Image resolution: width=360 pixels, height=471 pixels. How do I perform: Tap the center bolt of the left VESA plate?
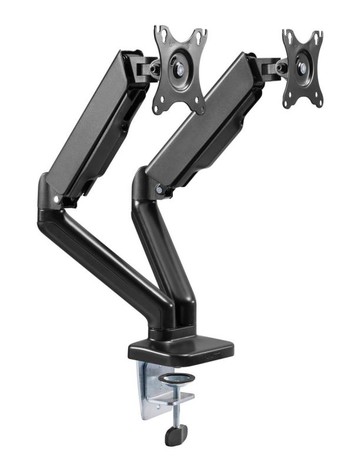[x=179, y=68]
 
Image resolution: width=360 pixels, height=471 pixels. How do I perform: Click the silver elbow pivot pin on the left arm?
[x=56, y=199]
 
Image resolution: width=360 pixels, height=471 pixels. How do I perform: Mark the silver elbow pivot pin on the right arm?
[x=159, y=190]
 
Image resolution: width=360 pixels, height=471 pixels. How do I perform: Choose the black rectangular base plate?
[x=181, y=347]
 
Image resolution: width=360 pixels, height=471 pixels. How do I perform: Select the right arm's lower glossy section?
[x=162, y=253]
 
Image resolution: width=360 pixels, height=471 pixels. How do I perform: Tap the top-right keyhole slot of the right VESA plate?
[x=318, y=36]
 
